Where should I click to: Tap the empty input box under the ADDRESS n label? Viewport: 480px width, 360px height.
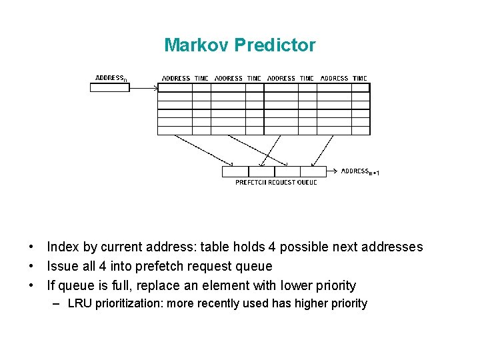109,87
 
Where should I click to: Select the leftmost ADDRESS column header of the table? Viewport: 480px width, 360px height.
176,79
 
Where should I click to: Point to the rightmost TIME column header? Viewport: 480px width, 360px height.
360,79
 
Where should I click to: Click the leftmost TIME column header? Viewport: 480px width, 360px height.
201,79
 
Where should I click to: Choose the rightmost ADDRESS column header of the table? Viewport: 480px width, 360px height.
335,79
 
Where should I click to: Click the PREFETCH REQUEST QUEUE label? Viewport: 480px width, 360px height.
276,182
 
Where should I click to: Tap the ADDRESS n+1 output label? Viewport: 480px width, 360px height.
360,171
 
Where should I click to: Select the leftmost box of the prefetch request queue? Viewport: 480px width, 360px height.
235,171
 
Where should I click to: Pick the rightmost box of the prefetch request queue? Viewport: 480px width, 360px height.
313,171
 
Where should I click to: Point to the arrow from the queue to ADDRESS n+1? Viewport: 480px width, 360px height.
333,171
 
